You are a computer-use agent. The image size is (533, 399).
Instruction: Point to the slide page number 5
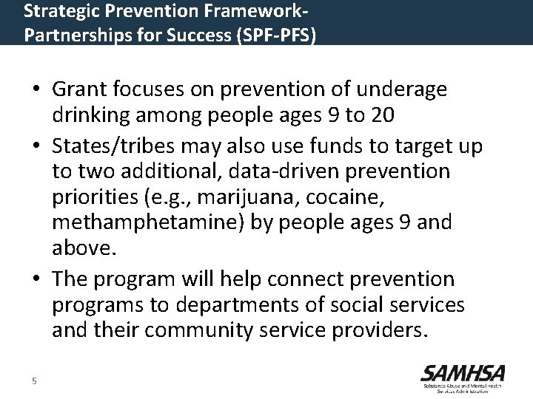34,381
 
